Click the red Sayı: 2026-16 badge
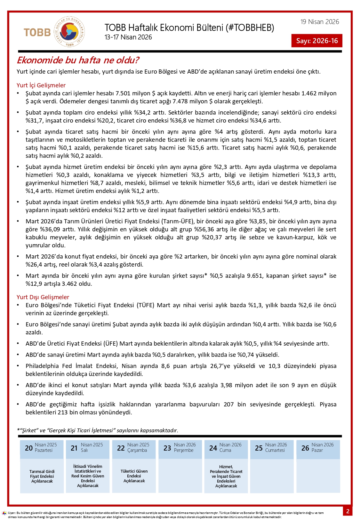tap(317, 41)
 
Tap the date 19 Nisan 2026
tap(319, 22)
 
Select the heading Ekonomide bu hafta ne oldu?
tap(78, 60)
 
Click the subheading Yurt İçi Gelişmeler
tap(41, 85)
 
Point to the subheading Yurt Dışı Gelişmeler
tap(43, 297)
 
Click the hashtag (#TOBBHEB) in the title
tap(250, 28)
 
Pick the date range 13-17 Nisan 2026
tap(128, 37)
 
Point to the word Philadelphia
tap(42, 366)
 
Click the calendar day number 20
tap(29, 448)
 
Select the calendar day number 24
tap(213, 448)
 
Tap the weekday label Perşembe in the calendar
tap(184, 450)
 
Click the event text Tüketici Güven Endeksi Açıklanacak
tap(134, 476)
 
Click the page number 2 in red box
tap(348, 511)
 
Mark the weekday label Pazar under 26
tap(317, 450)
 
